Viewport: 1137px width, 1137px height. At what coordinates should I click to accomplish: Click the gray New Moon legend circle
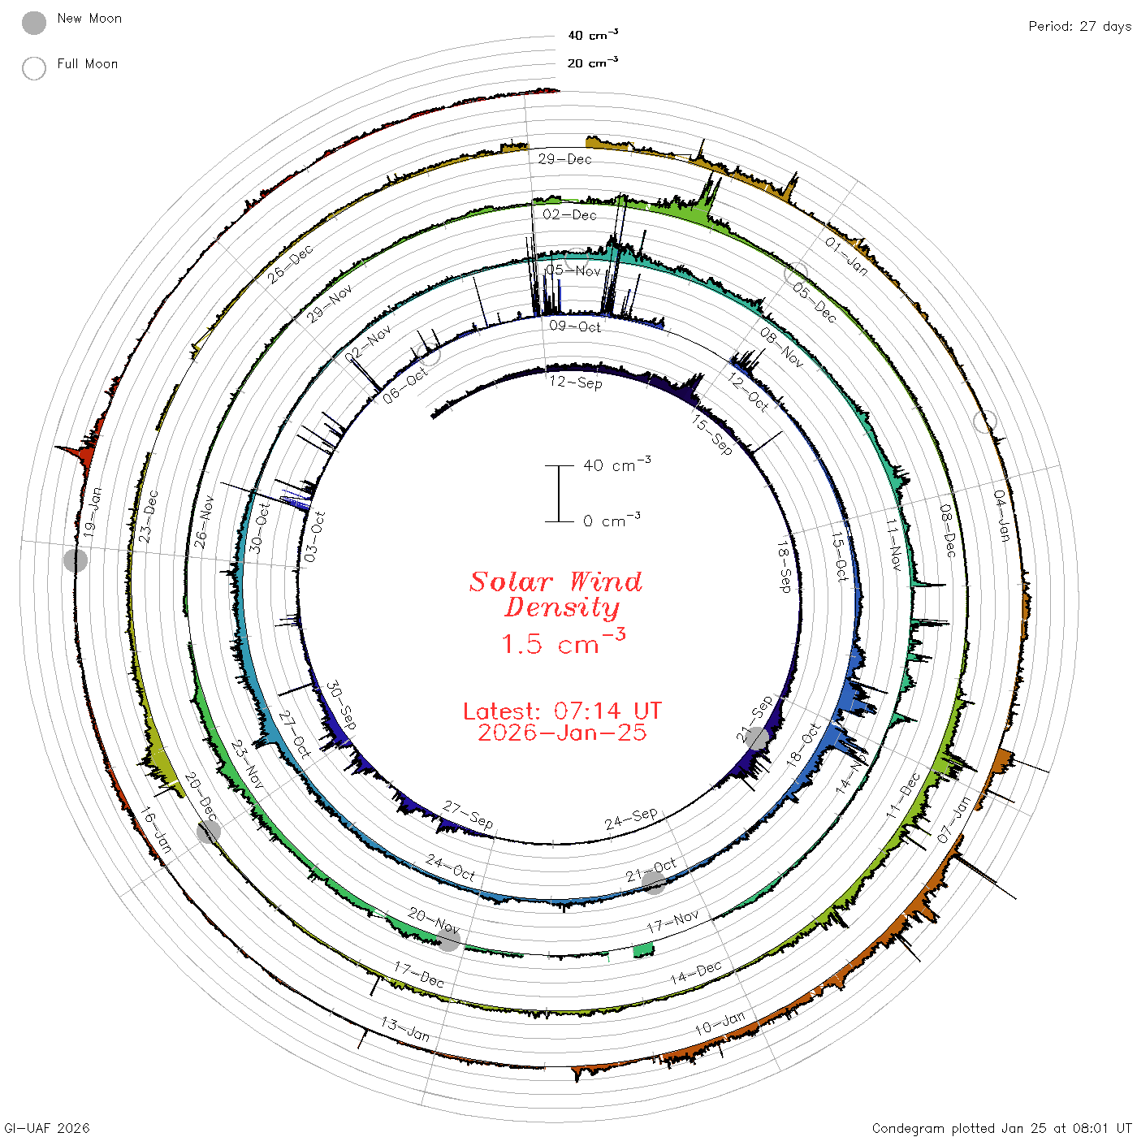(x=33, y=23)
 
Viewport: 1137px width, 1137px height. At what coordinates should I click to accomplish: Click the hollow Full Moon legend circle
(x=33, y=68)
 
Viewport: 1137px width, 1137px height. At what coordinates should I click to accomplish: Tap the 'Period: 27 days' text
(x=1079, y=27)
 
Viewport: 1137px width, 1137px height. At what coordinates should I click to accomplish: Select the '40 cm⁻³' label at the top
(x=592, y=34)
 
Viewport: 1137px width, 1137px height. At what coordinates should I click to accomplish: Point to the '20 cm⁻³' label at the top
(x=592, y=62)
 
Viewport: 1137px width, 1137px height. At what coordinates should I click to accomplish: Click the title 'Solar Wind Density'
(x=556, y=594)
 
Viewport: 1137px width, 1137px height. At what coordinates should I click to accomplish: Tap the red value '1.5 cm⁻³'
(x=563, y=642)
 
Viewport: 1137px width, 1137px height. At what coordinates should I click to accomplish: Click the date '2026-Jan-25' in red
(x=562, y=733)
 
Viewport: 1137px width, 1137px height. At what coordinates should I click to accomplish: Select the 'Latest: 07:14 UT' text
(x=562, y=711)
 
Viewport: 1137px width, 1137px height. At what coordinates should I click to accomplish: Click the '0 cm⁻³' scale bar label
(x=612, y=520)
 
